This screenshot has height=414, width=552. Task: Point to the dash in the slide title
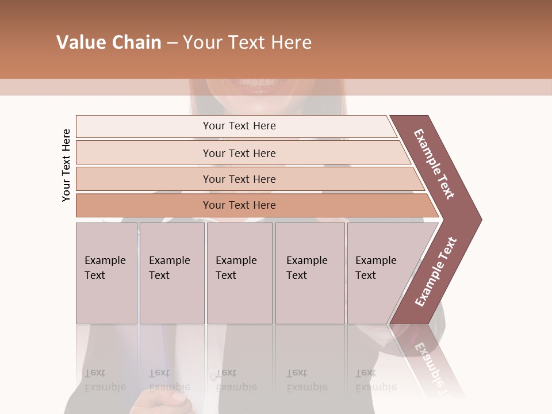172,43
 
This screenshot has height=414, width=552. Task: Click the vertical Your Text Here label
66,165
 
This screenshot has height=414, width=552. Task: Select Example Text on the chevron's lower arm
436,272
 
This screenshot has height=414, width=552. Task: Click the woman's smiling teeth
262,87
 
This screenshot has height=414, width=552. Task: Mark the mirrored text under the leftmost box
105,380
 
